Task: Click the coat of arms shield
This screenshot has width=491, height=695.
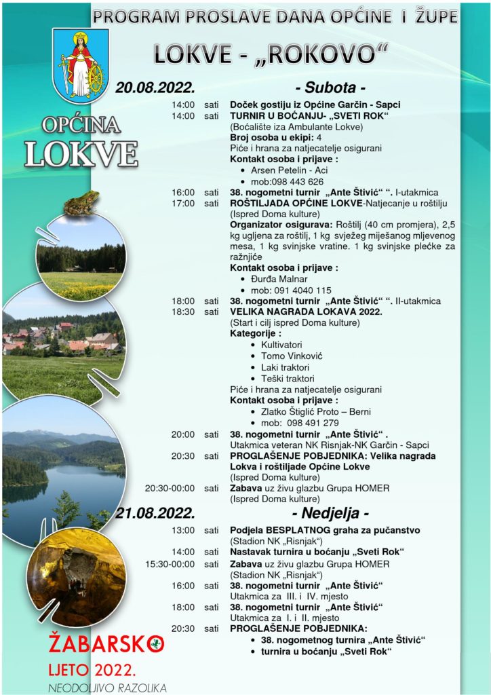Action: tap(81, 66)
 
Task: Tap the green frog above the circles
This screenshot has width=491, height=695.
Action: tap(81, 203)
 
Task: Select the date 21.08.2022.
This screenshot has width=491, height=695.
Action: tap(155, 512)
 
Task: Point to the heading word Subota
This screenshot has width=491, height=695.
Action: tap(331, 88)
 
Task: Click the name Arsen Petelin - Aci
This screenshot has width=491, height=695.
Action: tap(290, 170)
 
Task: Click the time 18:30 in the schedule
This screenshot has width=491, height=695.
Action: tap(183, 312)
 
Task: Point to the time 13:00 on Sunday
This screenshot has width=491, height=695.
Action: tap(183, 529)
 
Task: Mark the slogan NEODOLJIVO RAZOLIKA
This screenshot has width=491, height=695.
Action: tap(107, 688)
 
